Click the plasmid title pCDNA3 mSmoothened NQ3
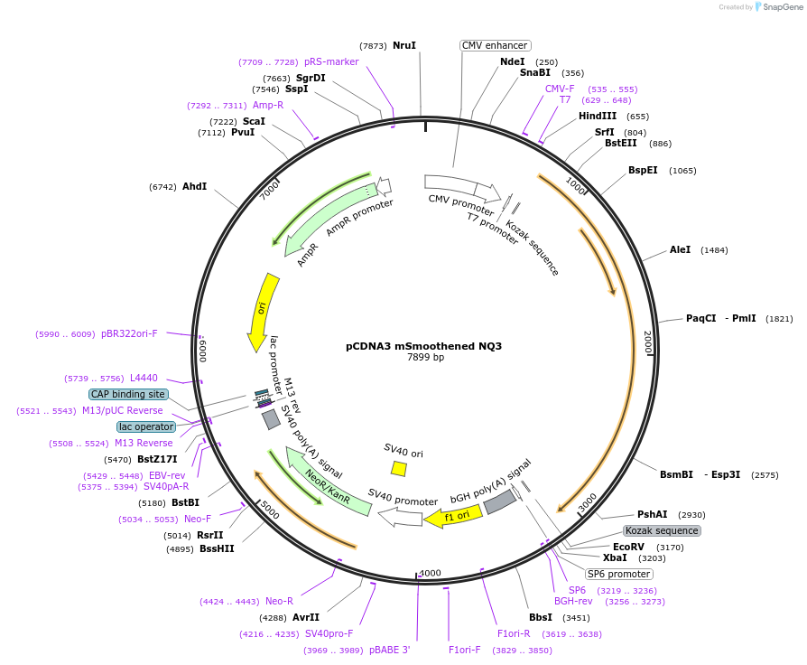tap(423, 346)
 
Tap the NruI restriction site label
tap(404, 45)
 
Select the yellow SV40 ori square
tap(399, 468)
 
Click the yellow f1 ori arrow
tap(455, 517)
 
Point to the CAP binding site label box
tap(127, 394)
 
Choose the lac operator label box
tap(146, 426)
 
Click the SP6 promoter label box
tap(618, 574)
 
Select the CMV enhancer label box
tap(495, 45)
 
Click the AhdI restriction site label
tap(194, 187)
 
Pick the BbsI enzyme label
tap(541, 617)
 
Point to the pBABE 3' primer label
tap(390, 650)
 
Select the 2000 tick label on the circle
tap(646, 342)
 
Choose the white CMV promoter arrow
tap(461, 187)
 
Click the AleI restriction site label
tap(680, 249)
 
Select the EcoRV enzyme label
tap(628, 547)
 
